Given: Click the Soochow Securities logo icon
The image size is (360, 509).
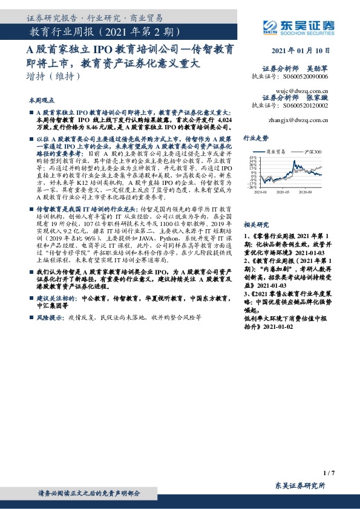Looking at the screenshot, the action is [269, 25].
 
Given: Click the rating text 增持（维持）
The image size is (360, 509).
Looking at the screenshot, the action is [53, 77].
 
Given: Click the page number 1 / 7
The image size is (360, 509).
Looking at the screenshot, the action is [329, 472].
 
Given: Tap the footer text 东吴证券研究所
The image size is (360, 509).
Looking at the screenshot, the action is [299, 485].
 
